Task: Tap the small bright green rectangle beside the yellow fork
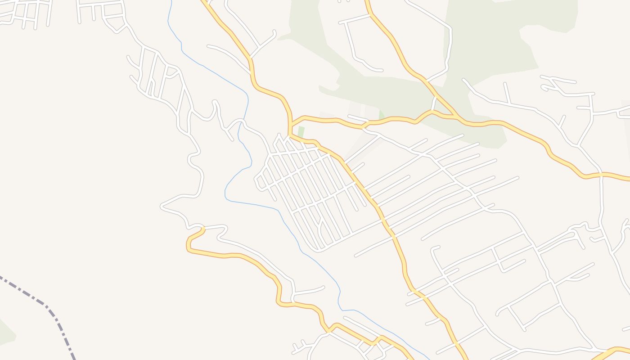(301, 131)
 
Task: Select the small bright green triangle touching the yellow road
(382, 115)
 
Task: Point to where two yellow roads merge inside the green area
(455, 117)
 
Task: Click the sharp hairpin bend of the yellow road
(188, 245)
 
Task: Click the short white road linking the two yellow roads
(434, 104)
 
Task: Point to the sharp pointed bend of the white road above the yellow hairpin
(162, 206)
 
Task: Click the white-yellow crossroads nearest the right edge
(601, 174)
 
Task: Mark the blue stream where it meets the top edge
(171, 1)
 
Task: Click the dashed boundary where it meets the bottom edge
(73, 358)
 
